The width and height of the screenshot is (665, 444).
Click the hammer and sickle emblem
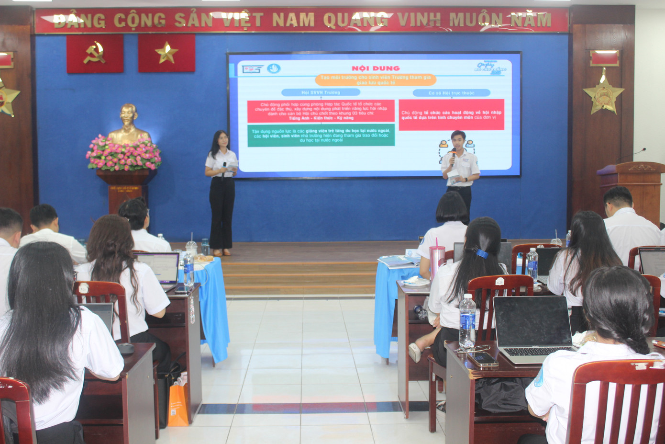95,53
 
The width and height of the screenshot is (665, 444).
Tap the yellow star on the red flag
166,53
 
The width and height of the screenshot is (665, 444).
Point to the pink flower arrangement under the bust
124,153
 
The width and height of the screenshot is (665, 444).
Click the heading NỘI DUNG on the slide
376,68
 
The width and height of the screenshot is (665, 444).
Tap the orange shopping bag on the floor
178,406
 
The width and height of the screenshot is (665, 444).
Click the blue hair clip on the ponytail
482,254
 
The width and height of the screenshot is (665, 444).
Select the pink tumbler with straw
436,262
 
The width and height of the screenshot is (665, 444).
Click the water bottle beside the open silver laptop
467,320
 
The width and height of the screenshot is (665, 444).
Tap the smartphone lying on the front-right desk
483,359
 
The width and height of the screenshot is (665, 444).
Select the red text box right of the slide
451,114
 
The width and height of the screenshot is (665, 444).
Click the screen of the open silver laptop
532,320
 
